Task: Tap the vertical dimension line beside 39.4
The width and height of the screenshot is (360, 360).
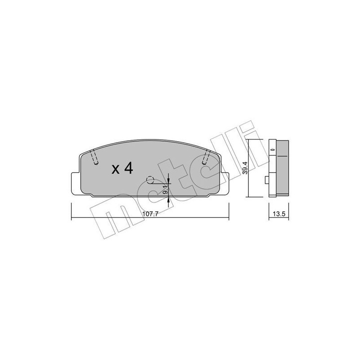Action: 250,169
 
